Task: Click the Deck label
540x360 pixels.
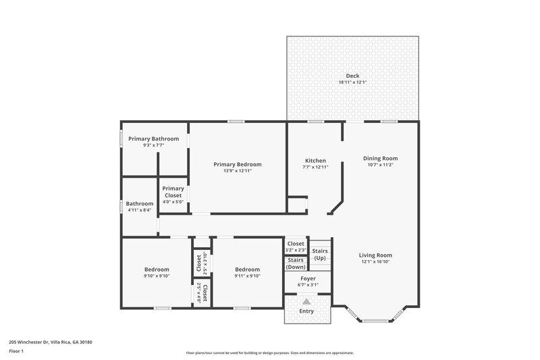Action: pyautogui.click(x=352, y=76)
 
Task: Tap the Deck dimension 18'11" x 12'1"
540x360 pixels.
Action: pyautogui.click(x=352, y=82)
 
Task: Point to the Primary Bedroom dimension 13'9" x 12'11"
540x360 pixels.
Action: pyautogui.click(x=238, y=171)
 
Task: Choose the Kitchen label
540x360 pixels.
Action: pyautogui.click(x=315, y=160)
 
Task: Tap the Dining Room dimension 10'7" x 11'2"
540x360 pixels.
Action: pyautogui.click(x=380, y=165)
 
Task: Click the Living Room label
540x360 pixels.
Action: pyautogui.click(x=375, y=255)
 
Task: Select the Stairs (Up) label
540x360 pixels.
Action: pyautogui.click(x=320, y=254)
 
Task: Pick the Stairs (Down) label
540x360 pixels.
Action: pyautogui.click(x=295, y=263)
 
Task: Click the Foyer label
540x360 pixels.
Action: pyautogui.click(x=308, y=278)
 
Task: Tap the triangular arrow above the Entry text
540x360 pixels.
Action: pyautogui.click(x=307, y=301)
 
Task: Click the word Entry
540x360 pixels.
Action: pyautogui.click(x=307, y=311)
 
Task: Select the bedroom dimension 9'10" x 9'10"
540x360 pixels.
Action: pyautogui.click(x=156, y=276)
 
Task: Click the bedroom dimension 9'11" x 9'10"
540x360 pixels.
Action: pyautogui.click(x=247, y=276)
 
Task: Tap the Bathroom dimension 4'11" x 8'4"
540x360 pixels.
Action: pyautogui.click(x=140, y=210)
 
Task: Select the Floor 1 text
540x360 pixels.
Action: pyautogui.click(x=16, y=351)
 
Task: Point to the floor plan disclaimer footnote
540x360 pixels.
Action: pyautogui.click(x=269, y=353)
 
